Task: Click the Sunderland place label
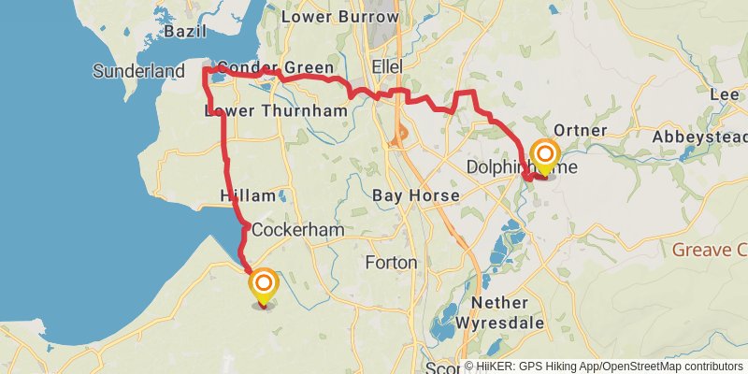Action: tap(138, 71)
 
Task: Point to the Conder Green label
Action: tap(262, 68)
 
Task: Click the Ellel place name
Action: tap(386, 68)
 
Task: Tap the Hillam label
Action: tap(247, 196)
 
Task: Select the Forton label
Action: tap(391, 263)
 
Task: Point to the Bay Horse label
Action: tap(415, 196)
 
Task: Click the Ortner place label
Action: tap(581, 130)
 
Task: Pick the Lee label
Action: tap(725, 95)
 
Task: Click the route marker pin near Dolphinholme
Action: tap(544, 155)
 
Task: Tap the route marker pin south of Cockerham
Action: tap(263, 286)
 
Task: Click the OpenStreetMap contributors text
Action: tap(671, 367)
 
